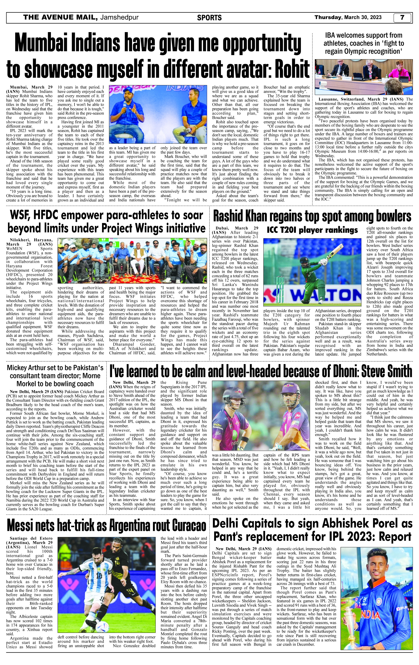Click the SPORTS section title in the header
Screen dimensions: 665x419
[209, 18]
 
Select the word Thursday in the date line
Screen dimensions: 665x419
[328, 17]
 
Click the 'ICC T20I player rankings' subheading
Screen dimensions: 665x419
[312, 230]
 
